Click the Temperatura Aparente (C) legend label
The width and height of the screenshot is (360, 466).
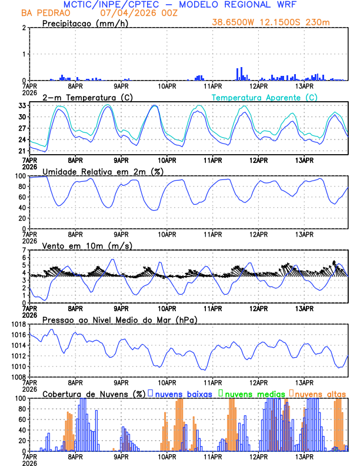264,97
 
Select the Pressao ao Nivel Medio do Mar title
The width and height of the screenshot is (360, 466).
119,319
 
